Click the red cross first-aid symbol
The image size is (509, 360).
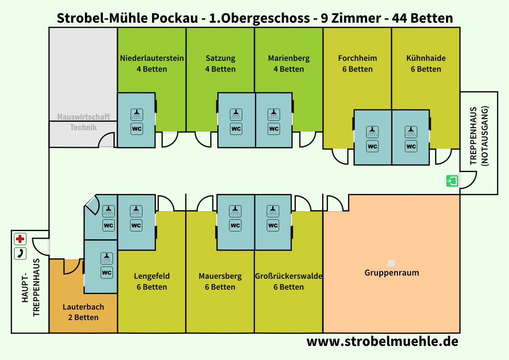pyautogui.click(x=20, y=239)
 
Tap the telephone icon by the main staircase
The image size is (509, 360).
pyautogui.click(x=20, y=253)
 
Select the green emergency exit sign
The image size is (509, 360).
pyautogui.click(x=452, y=181)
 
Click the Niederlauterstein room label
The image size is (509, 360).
pyautogui.click(x=152, y=58)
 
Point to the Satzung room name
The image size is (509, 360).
pyautogui.click(x=220, y=58)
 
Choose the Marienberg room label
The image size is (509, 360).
pyautogui.click(x=289, y=58)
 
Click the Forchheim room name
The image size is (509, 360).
pyautogui.click(x=357, y=58)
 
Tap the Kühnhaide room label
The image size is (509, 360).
pyautogui.click(x=426, y=58)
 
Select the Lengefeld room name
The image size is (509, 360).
pyautogui.click(x=152, y=276)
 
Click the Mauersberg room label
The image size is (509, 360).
pyautogui.click(x=220, y=276)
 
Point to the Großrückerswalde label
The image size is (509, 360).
pyautogui.click(x=289, y=276)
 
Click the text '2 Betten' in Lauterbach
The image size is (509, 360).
pyautogui.click(x=83, y=317)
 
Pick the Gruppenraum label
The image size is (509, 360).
pyautogui.click(x=392, y=272)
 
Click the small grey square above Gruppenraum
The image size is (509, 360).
pyautogui.click(x=392, y=263)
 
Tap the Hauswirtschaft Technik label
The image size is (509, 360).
pyautogui.click(x=83, y=122)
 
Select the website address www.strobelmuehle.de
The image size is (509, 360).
pyautogui.click(x=382, y=341)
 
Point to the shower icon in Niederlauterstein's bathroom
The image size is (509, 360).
pyautogui.click(x=137, y=114)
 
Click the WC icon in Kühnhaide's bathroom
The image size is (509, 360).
pyautogui.click(x=411, y=146)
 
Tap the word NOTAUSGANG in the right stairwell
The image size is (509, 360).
pyautogui.click(x=485, y=136)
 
